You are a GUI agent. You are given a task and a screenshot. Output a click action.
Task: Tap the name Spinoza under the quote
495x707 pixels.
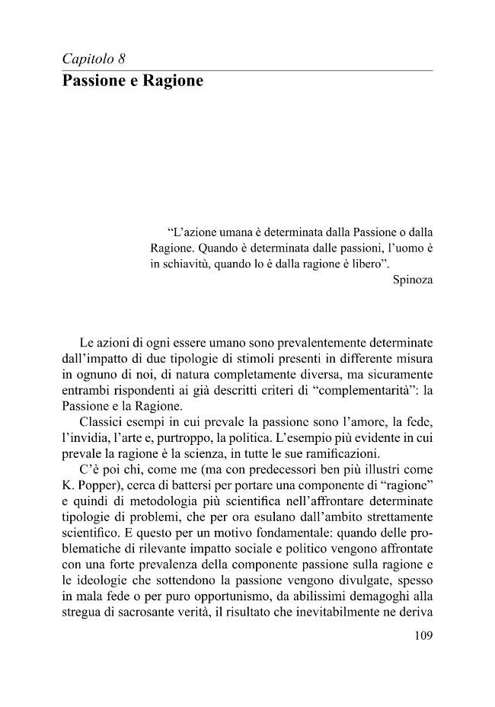[412, 280]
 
